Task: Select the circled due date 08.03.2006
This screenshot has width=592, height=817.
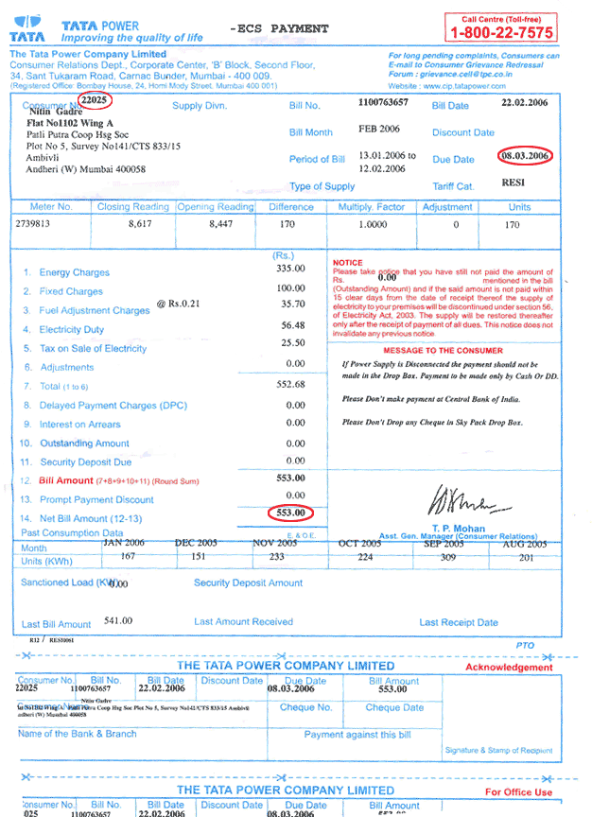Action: coord(527,154)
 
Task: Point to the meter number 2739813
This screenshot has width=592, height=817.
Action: coord(39,225)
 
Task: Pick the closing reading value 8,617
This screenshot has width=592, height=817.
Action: coord(147,225)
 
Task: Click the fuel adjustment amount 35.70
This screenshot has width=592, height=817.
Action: coord(293,304)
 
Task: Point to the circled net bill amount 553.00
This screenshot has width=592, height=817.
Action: coord(290,513)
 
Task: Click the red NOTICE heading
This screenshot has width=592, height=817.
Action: coord(348,262)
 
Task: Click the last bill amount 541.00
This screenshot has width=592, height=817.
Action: coord(118,621)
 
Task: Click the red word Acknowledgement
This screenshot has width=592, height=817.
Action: coord(509,668)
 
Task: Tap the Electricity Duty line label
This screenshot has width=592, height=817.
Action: coord(72,330)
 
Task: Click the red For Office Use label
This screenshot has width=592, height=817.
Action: coord(518,792)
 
